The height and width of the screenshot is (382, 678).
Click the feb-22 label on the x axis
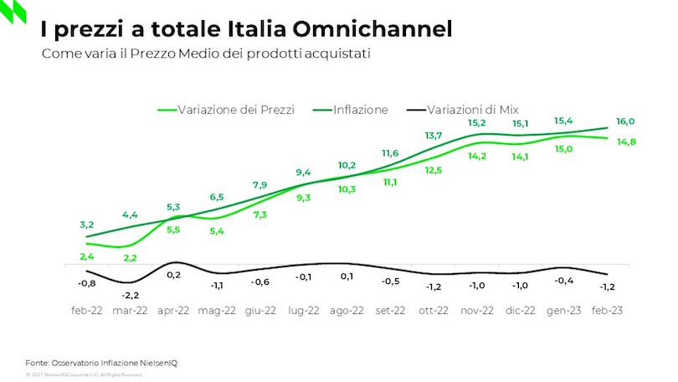coord(86,310)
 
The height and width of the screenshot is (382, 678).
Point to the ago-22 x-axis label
coord(346,310)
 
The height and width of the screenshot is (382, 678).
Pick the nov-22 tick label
coord(477,310)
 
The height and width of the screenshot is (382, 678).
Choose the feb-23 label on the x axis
coord(607,310)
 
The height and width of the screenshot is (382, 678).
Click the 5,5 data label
coord(173,230)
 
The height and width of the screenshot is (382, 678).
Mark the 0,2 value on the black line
coord(173,275)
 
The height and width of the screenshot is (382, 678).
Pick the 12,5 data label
coord(434,171)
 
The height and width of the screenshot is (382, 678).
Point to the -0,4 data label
coord(565,281)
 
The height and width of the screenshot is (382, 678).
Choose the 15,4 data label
coord(563,121)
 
